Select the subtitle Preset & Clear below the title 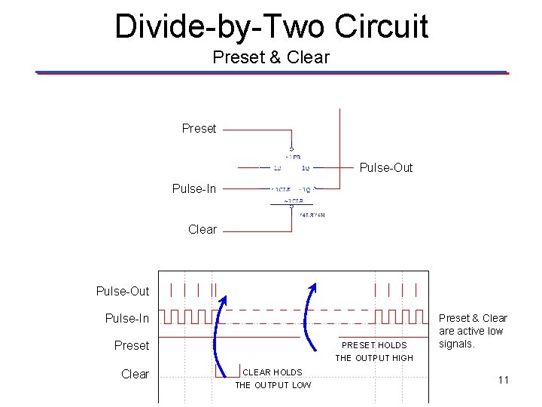click(x=271, y=57)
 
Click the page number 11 click(x=504, y=380)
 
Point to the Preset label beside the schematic click(x=199, y=129)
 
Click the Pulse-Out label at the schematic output click(x=386, y=168)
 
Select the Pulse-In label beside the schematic click(x=194, y=188)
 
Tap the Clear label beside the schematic click(x=202, y=229)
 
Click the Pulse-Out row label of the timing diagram click(x=123, y=291)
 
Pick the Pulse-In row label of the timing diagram click(x=127, y=318)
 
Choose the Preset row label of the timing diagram click(x=132, y=345)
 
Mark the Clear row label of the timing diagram click(x=135, y=374)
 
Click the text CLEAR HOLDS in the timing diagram click(x=272, y=372)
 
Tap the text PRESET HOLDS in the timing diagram click(x=374, y=345)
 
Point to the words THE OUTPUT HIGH click(x=374, y=358)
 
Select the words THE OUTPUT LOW click(x=273, y=385)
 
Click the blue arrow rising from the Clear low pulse click(x=218, y=332)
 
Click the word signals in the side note click(x=457, y=344)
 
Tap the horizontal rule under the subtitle click(x=271, y=72)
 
